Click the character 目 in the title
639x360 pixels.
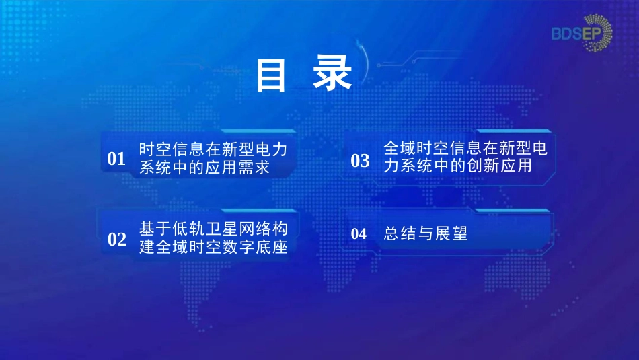270,75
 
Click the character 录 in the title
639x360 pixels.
332,74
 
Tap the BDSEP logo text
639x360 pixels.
576,34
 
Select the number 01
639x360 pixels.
116,159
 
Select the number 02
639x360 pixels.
117,240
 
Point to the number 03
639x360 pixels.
361,161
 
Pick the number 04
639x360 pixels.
359,233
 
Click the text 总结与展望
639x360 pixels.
426,233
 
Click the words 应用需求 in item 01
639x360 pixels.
237,167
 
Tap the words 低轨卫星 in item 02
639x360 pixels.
205,229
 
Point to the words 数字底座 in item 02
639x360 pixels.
255,247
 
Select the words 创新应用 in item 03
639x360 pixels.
500,166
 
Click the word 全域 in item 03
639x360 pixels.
400,148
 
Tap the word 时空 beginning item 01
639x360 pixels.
155,149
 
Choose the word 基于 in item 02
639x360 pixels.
155,229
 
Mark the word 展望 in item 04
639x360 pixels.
451,233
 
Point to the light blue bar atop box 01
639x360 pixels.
258,131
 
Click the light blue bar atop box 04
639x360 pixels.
513,211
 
